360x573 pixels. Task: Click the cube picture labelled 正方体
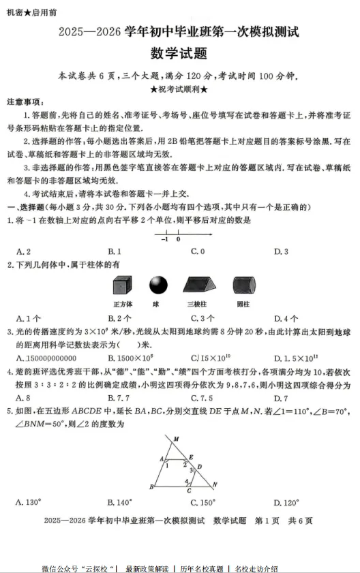click(x=123, y=285)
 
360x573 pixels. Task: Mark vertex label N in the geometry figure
click(x=215, y=485)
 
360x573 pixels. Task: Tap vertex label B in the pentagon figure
click(x=151, y=486)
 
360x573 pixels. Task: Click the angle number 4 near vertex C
click(x=187, y=481)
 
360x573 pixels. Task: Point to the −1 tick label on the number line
click(x=164, y=239)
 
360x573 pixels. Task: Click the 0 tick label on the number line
click(x=179, y=239)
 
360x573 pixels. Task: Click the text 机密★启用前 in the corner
click(x=32, y=12)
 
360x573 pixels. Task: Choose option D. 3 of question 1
click(x=281, y=251)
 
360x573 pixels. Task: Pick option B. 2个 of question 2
click(x=120, y=318)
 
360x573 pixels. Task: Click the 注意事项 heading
click(x=27, y=102)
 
